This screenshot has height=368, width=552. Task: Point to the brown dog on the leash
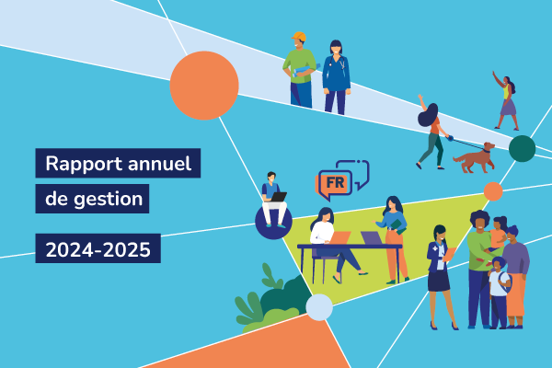[473, 158]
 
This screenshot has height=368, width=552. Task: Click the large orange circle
[204, 86]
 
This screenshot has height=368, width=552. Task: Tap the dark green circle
[522, 148]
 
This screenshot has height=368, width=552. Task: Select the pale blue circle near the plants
[319, 307]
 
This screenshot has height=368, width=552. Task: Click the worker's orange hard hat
[299, 37]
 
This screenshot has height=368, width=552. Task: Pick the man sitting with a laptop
[273, 199]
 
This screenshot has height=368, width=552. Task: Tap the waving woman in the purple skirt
[507, 100]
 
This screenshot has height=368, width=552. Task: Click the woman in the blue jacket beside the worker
[336, 77]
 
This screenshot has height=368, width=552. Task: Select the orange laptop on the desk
[340, 237]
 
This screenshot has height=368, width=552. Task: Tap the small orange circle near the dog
[493, 191]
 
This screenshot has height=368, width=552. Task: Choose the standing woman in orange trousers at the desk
[395, 237]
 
